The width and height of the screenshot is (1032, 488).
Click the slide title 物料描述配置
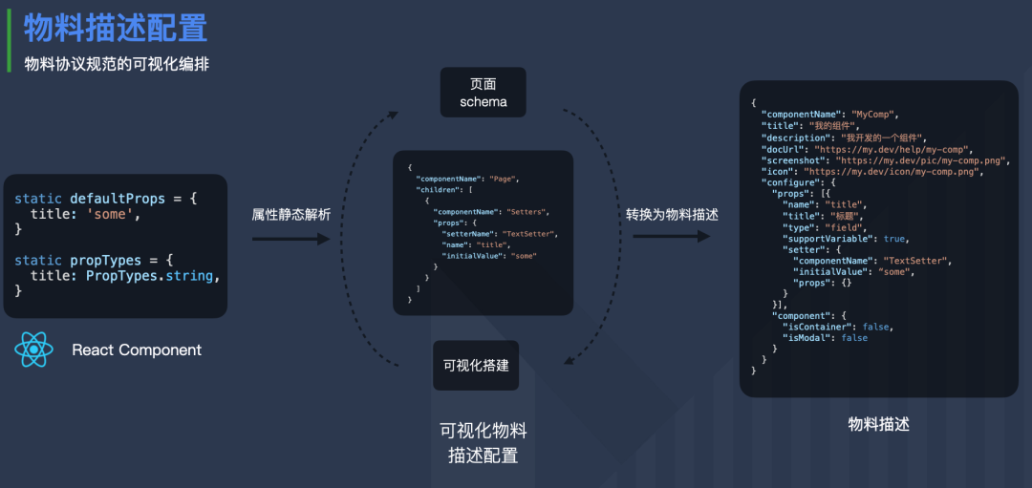[x=116, y=28]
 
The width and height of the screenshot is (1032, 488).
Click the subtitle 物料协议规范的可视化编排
[x=117, y=64]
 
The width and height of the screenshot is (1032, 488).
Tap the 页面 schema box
[x=484, y=92]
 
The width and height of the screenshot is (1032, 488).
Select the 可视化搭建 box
[x=476, y=365]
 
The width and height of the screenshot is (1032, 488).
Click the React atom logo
[x=34, y=350]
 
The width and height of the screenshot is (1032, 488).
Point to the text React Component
[x=137, y=350]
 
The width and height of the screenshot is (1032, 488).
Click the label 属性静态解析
[x=291, y=215]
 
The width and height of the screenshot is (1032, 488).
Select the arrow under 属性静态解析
[x=290, y=239]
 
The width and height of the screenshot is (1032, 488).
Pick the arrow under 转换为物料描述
[x=672, y=236]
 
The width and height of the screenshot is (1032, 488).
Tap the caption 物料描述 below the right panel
[x=878, y=423]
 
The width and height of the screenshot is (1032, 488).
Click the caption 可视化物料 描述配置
[x=483, y=442]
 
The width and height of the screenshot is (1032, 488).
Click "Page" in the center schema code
[x=505, y=179]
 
